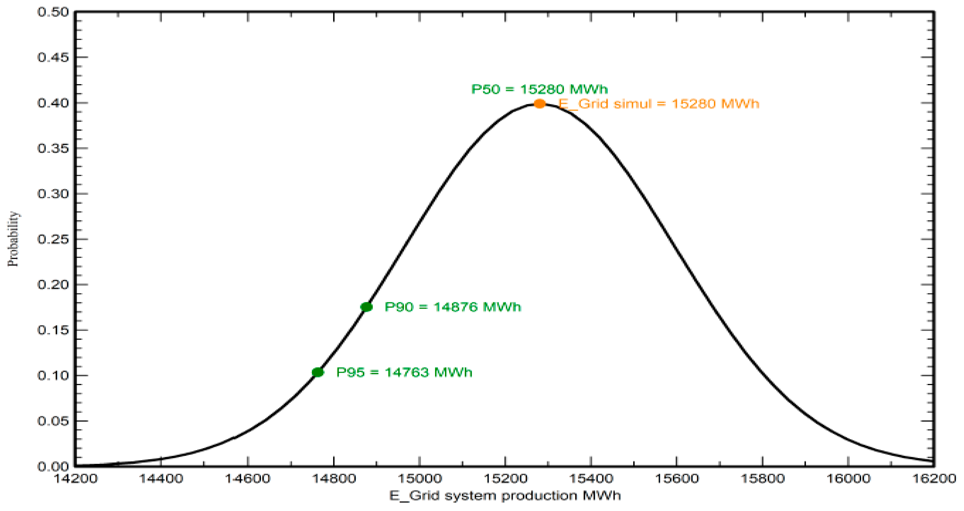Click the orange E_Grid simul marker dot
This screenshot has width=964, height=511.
pos(539,104)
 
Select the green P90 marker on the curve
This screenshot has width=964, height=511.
pos(366,307)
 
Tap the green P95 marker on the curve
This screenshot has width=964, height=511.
pos(318,372)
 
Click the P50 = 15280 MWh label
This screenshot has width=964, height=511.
pos(539,89)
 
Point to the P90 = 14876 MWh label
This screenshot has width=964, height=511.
pos(453,307)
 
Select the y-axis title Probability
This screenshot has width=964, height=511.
pos(13,239)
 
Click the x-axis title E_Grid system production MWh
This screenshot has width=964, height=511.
pos(505,496)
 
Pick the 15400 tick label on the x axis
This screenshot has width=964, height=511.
pos(591,478)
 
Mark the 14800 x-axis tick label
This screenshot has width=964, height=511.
pos(333,478)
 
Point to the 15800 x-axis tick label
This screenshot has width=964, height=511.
pos(763,478)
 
